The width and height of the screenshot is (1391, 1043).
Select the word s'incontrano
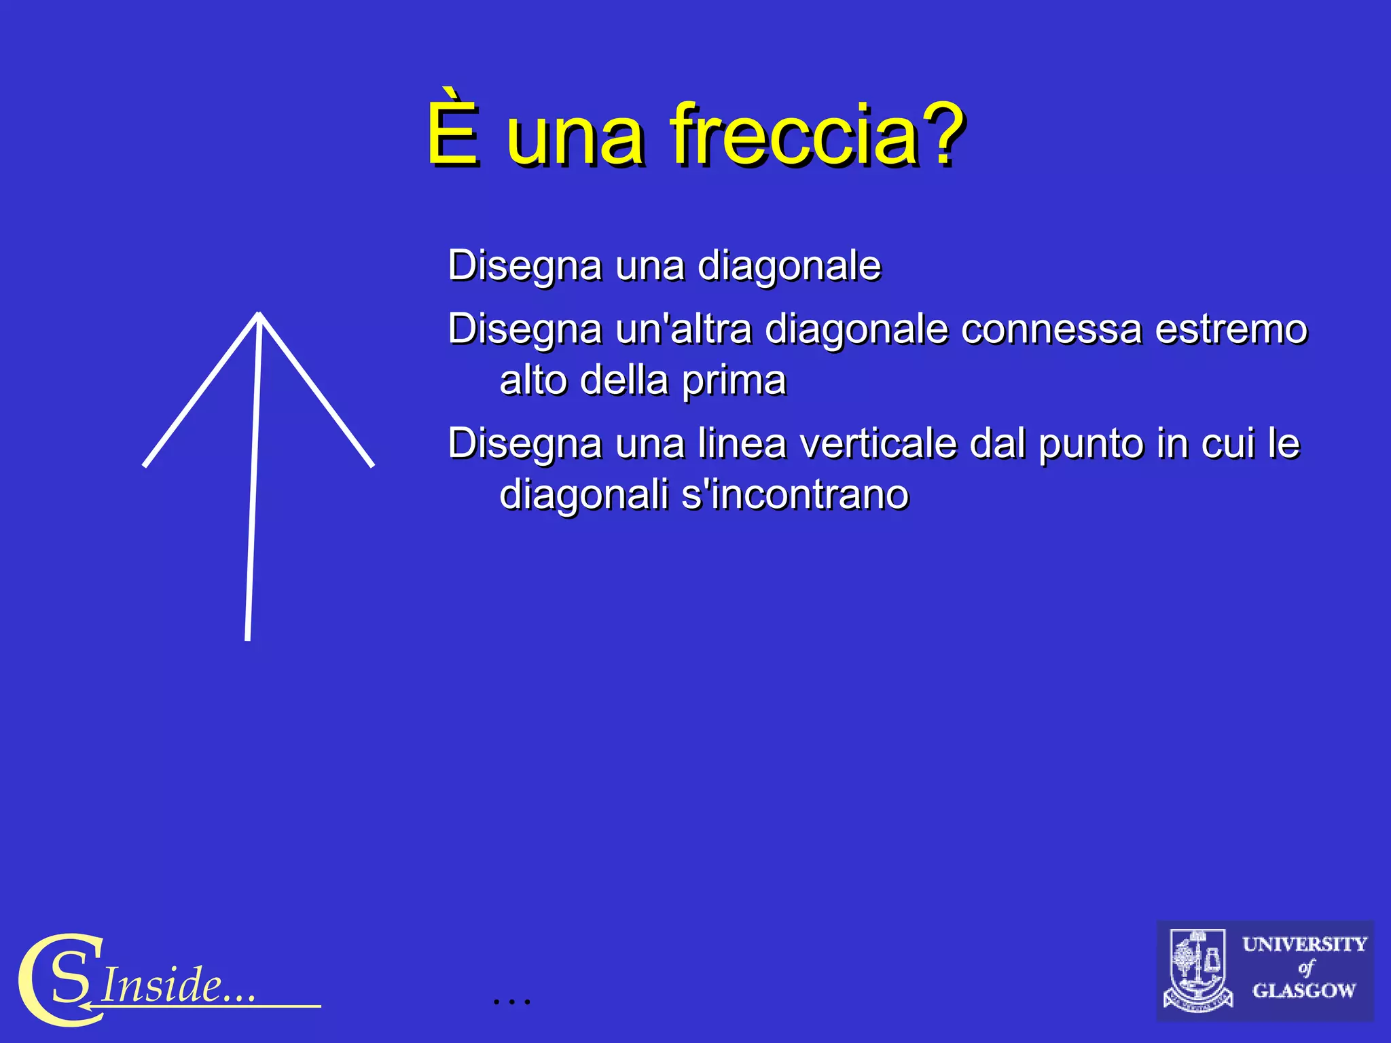click(795, 494)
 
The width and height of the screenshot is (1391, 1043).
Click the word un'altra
click(683, 329)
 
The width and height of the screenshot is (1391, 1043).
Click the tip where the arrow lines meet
click(259, 314)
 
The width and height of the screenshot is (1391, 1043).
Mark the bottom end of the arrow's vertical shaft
click(248, 638)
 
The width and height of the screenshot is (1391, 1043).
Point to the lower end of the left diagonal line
click(145, 465)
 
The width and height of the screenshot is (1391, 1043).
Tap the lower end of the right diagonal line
click(372, 465)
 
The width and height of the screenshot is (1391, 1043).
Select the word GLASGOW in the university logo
click(1303, 991)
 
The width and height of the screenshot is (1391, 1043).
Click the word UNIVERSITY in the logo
click(1304, 945)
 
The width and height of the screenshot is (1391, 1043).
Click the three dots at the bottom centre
click(511, 1000)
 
